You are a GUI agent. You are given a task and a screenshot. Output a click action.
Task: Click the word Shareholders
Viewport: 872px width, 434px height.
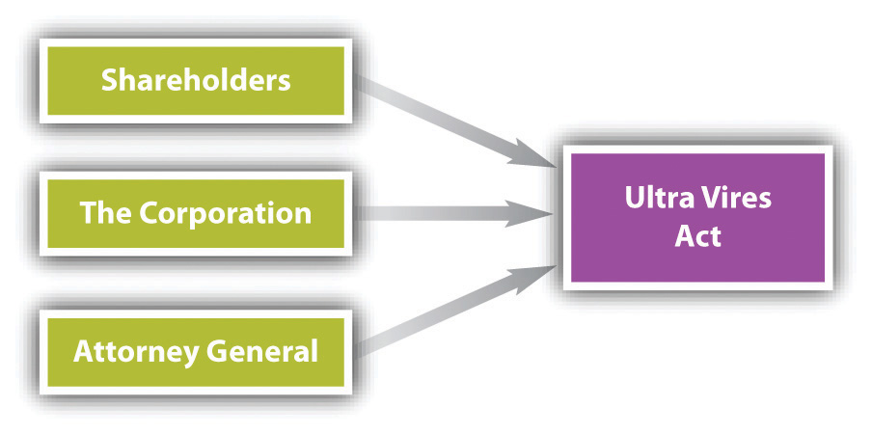click(x=196, y=81)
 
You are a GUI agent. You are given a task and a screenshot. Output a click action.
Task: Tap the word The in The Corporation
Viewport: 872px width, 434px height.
click(x=105, y=213)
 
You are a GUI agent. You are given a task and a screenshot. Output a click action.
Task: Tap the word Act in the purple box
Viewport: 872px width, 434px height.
click(x=698, y=235)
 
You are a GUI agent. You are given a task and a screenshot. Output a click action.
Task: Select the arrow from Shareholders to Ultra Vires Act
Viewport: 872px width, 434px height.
click(x=454, y=122)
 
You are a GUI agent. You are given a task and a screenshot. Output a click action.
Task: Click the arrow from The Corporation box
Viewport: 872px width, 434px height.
click(x=454, y=214)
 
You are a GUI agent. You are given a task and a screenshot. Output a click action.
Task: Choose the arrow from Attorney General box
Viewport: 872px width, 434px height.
click(x=454, y=312)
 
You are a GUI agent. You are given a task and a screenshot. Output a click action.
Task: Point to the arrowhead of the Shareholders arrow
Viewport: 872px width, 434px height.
click(x=534, y=155)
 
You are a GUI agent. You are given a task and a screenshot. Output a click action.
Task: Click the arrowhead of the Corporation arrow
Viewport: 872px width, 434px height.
click(x=531, y=214)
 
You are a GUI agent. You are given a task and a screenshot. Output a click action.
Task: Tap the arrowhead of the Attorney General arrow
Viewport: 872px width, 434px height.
click(x=534, y=278)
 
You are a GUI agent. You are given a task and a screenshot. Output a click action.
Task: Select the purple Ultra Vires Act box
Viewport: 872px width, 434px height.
click(x=698, y=217)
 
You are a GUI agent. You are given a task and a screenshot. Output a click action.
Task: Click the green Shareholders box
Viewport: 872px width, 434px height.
click(x=196, y=81)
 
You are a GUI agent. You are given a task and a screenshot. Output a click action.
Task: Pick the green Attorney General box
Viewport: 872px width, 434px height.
click(x=196, y=352)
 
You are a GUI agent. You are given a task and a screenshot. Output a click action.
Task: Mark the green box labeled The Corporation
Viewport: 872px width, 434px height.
click(x=196, y=213)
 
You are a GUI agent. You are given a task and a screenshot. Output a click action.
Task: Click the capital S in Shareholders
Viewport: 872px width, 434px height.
click(x=109, y=81)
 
